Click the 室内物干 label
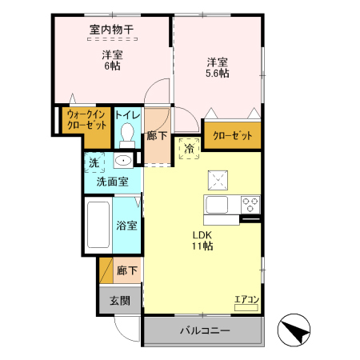[x=111, y=30]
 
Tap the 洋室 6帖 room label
[x=111, y=61]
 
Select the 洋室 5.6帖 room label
[x=217, y=66]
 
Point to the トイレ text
[x=127, y=116]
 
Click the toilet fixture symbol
[x=126, y=137]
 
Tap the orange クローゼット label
[x=232, y=136]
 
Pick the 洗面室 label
[x=112, y=182]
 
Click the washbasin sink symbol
[x=122, y=162]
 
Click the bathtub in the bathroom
[x=100, y=226]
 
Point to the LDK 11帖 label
[x=201, y=240]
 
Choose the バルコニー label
[x=204, y=330]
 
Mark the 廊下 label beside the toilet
[x=158, y=137]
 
